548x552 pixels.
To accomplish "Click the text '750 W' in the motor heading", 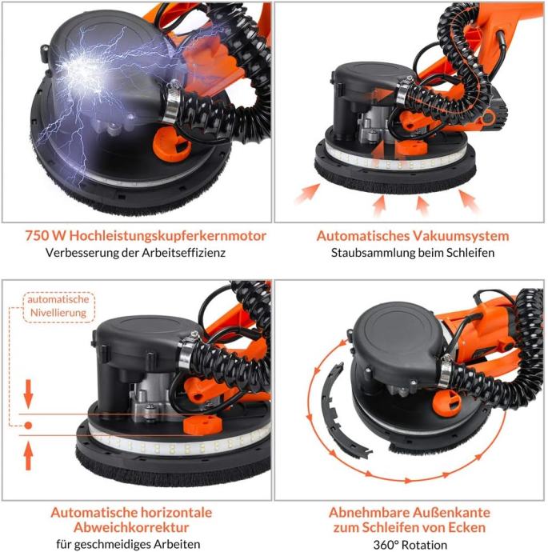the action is point(46,235).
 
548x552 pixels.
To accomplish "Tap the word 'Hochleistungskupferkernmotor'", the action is point(167,236).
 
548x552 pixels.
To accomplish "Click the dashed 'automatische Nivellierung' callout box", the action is point(58,306).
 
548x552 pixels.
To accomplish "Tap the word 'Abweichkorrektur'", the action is point(131,527).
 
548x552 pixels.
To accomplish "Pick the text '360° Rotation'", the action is point(410,545).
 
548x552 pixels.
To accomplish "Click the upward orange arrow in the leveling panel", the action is point(28,456).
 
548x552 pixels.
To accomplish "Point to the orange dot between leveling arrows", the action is point(28,426).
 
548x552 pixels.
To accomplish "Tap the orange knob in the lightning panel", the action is point(171,142).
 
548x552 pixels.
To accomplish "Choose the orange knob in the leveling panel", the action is point(201,425).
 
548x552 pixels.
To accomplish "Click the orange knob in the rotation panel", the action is point(447,402).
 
